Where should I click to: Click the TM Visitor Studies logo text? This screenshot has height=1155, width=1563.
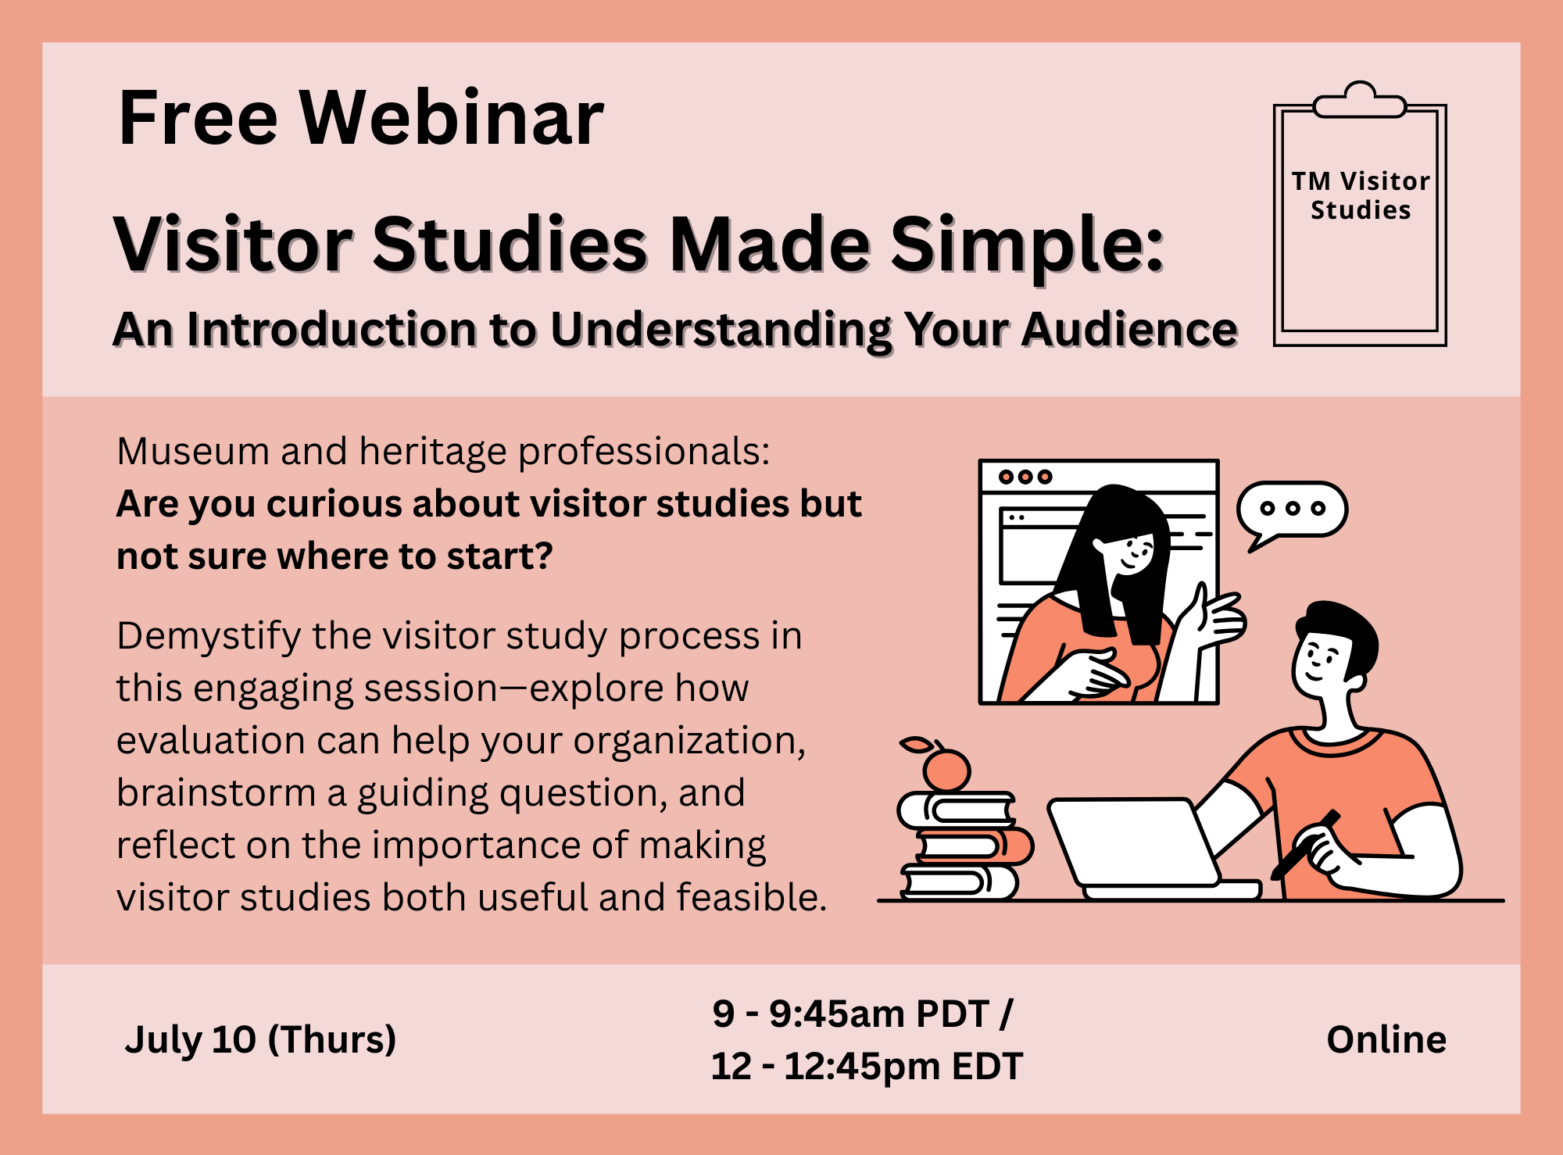tap(1361, 195)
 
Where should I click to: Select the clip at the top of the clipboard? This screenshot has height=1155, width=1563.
tap(1360, 100)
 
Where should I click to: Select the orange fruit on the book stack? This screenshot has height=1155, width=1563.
tap(946, 768)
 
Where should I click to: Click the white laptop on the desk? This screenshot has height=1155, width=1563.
tap(1149, 849)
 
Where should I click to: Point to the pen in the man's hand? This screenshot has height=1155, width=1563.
tap(1305, 844)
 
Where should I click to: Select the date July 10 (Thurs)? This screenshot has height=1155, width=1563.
tap(260, 1039)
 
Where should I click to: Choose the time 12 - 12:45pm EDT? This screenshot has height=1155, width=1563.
tap(867, 1066)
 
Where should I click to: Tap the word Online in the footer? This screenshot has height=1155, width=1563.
tap(1386, 1039)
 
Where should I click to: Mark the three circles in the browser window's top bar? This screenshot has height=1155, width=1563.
tap(1026, 477)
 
